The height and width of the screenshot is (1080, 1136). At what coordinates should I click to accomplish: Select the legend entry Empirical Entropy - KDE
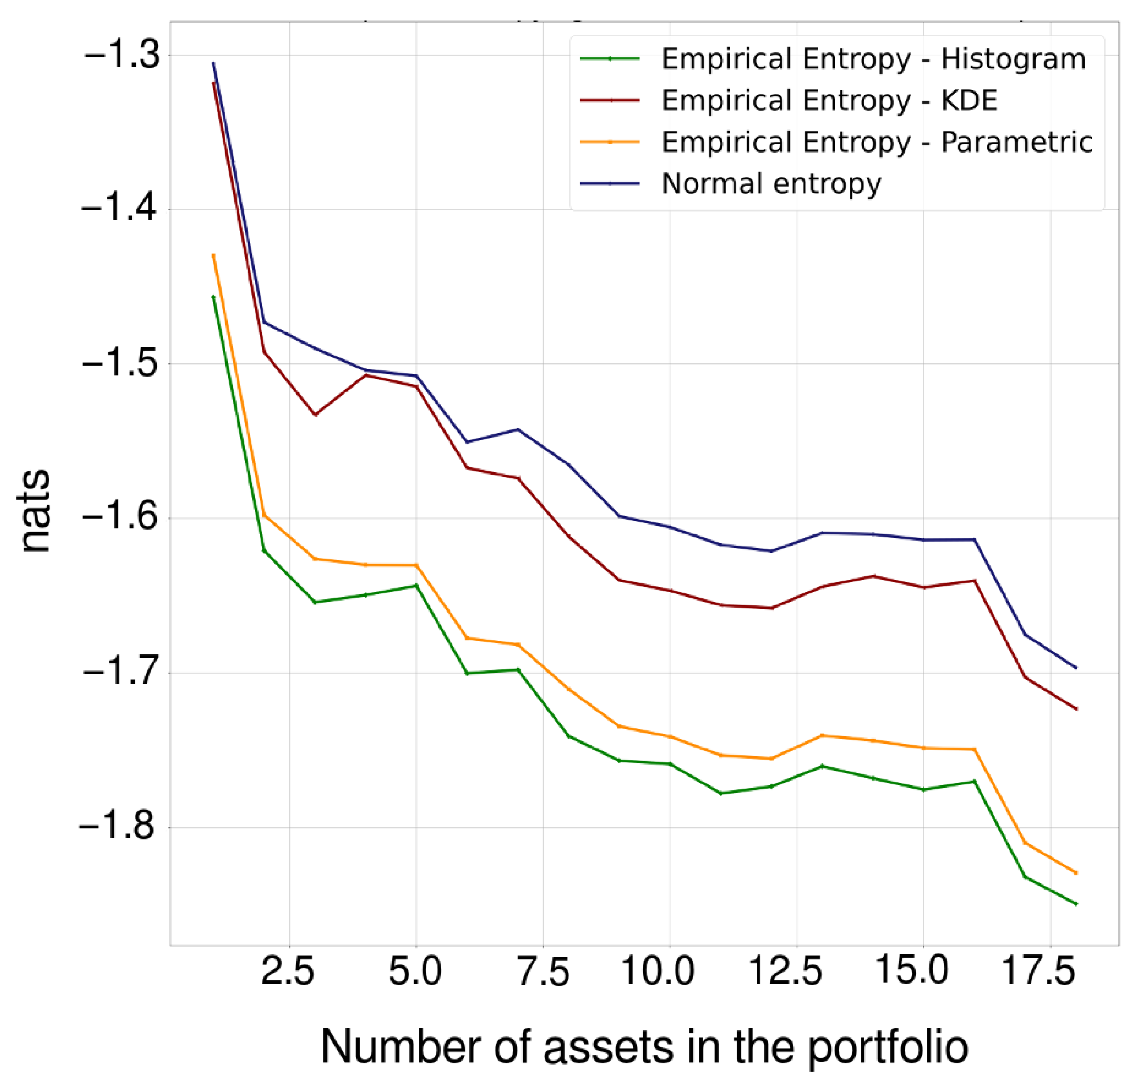pos(828,101)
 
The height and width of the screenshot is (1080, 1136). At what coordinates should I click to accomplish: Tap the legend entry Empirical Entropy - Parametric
pos(876,142)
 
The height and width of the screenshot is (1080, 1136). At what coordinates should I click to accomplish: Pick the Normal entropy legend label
pos(771,184)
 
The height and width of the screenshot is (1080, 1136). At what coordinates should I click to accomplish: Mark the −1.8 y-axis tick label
pos(118,827)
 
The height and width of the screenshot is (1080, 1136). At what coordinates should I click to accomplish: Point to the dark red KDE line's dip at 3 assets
pos(315,415)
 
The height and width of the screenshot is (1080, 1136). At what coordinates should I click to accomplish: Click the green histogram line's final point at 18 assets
pos(1076,904)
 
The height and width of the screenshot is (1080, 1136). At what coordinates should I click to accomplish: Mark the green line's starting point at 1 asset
pos(213,297)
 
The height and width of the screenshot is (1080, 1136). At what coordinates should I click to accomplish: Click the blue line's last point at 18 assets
pos(1076,668)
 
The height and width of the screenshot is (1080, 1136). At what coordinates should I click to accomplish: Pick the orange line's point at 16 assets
pos(974,749)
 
